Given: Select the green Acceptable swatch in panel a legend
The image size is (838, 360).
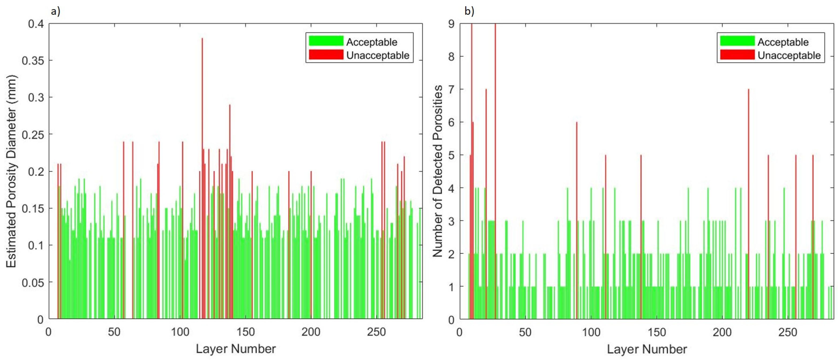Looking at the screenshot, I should coord(326,41).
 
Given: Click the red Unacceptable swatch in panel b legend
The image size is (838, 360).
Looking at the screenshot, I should coord(737,55).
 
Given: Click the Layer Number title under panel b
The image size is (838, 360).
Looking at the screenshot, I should coord(647,349).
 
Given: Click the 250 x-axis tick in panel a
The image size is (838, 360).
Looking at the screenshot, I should coord(376,332).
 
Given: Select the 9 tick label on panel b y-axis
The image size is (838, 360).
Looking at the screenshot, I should coord(451,24).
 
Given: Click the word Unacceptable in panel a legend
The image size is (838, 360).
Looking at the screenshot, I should coord(378,55).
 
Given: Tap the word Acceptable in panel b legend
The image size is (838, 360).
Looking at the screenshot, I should coord(783,42).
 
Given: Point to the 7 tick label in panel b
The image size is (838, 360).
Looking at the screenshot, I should coord(451,90).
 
